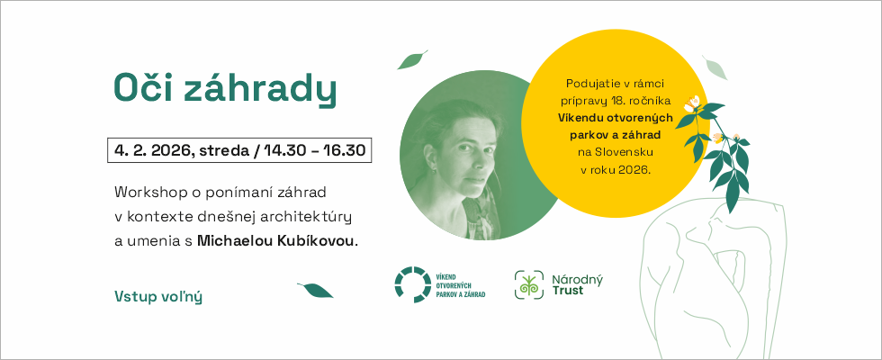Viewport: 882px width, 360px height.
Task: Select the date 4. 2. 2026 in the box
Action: coord(151,150)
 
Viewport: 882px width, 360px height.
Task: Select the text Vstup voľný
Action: coord(158,296)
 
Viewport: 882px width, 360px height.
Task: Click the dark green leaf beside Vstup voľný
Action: coord(315,290)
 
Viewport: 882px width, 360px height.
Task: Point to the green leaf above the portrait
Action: coord(412,59)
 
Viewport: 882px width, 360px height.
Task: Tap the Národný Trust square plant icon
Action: coord(529,284)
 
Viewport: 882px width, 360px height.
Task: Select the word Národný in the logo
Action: coord(577,279)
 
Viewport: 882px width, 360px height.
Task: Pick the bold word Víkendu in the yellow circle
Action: coord(579,118)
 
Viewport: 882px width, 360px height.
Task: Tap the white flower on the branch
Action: coord(692,103)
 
